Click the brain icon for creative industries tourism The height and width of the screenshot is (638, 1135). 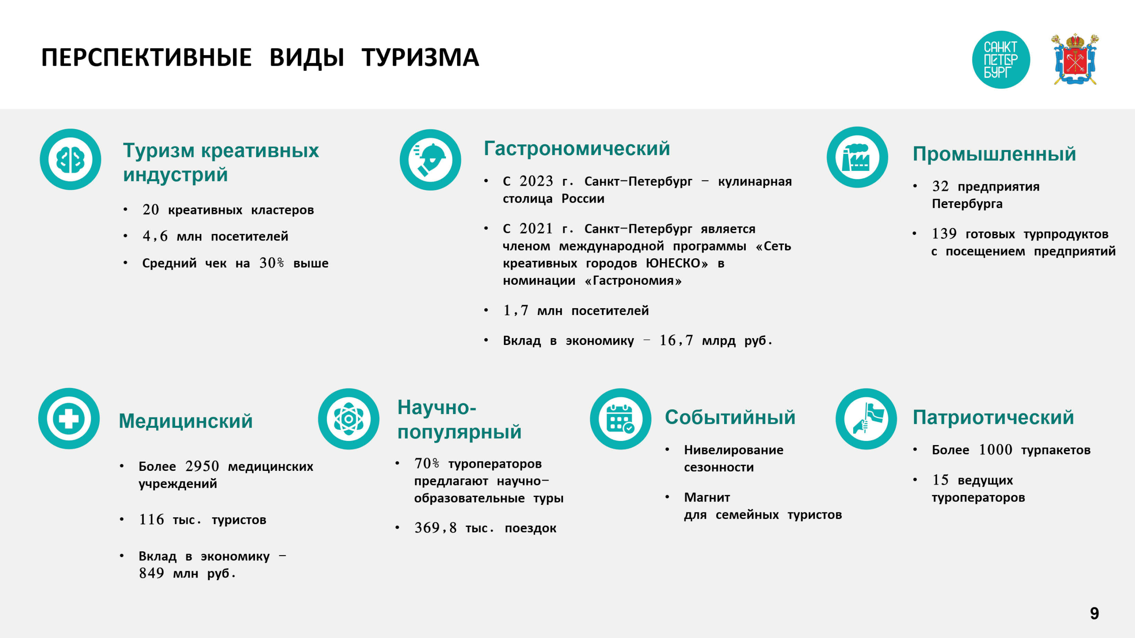click(70, 159)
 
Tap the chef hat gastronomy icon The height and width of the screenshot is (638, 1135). click(431, 160)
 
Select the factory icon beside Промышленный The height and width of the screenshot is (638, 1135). click(857, 157)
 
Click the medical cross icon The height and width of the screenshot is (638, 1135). click(69, 418)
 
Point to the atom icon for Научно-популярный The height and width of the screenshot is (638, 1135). click(348, 419)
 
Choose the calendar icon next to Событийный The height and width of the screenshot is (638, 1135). click(620, 419)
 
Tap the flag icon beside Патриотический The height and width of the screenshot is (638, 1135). click(866, 419)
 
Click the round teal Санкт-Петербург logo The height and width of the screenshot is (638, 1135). click(1001, 59)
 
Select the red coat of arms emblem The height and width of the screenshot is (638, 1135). click(1075, 59)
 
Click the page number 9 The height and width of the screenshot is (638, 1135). click(1095, 613)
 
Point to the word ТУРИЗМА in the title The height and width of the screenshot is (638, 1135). click(420, 58)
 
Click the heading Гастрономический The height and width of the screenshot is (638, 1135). click(577, 148)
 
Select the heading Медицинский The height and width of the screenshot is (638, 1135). click(185, 421)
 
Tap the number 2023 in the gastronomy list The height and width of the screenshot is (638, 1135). click(536, 181)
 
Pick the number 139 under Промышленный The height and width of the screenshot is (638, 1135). click(944, 233)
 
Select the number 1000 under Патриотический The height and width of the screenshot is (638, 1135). click(995, 450)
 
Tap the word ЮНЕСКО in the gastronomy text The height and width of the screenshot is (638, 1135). click(677, 263)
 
